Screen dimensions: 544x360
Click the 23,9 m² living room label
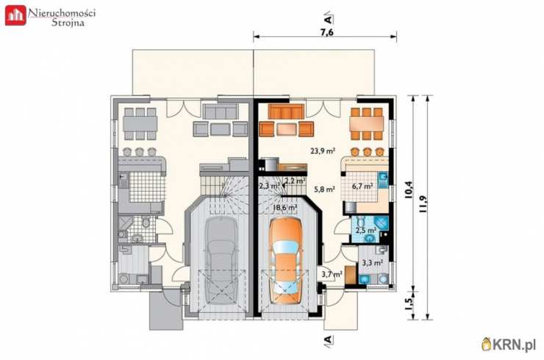[323, 151]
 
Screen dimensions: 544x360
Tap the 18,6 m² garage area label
[284, 207]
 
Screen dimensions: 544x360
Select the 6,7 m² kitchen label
[362, 186]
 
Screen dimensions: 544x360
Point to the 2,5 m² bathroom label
[365, 230]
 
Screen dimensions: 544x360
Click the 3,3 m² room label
[372, 262]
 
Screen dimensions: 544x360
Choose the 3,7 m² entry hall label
[332, 274]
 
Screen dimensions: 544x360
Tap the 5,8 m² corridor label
[324, 190]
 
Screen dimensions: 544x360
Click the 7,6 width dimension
[327, 32]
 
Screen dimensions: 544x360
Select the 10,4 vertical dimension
[409, 190]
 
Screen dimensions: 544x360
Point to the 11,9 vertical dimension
[423, 205]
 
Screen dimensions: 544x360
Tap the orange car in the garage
[287, 261]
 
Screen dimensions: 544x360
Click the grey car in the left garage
[222, 261]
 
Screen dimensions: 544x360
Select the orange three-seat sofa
[286, 112]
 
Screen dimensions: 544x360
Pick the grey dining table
[140, 123]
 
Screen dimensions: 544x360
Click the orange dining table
[367, 123]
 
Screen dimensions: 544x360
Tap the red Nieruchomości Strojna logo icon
[15, 15]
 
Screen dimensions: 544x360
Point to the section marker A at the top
[328, 18]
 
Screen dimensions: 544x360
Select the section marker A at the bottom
[328, 339]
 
